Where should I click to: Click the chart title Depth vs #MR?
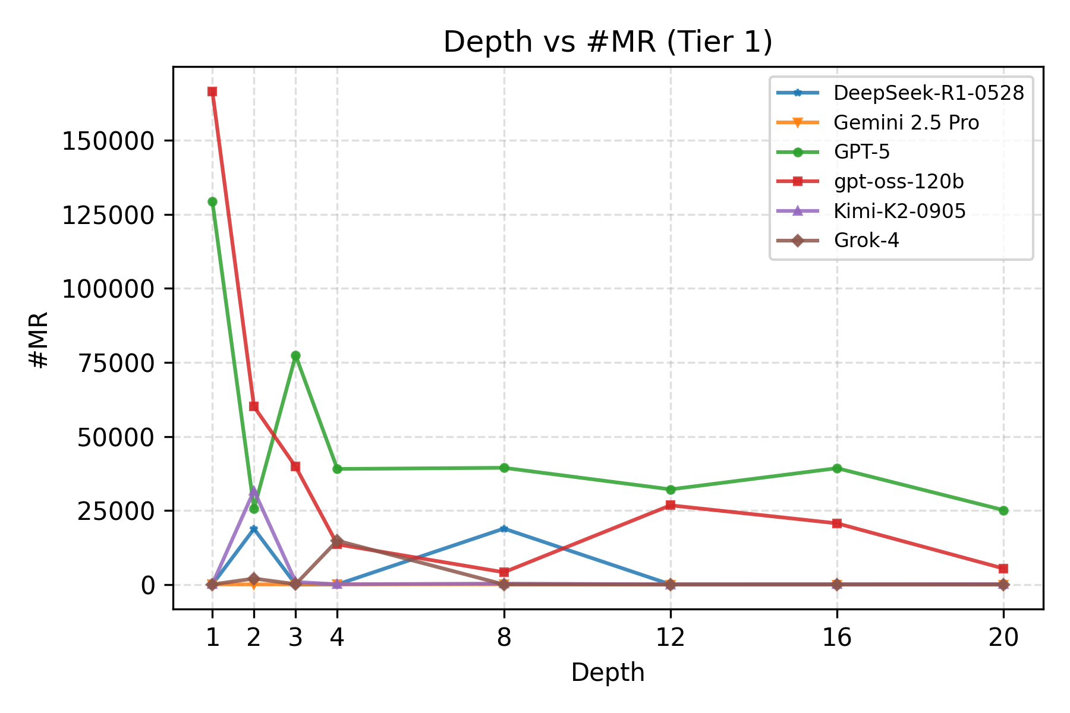coord(608,43)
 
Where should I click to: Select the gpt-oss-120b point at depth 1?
coord(212,92)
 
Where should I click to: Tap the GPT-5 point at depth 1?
coord(212,202)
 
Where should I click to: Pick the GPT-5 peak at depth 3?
coord(295,356)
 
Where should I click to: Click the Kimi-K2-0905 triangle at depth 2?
coord(254,491)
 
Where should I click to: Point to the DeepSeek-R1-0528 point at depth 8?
coord(504,529)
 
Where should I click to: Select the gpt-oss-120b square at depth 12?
coord(671,505)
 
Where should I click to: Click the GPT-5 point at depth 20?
coord(1003,510)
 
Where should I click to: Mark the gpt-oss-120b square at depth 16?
coord(837,523)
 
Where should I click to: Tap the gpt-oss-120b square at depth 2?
coord(254,406)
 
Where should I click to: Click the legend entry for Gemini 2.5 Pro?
coord(906,123)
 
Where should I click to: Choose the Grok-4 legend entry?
coord(866,241)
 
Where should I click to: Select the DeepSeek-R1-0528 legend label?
coord(929,93)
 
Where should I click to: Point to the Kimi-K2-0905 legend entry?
coord(899,211)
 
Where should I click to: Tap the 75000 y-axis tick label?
coord(115,363)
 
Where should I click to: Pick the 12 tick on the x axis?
coord(671,638)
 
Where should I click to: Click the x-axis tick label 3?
coord(295,638)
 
